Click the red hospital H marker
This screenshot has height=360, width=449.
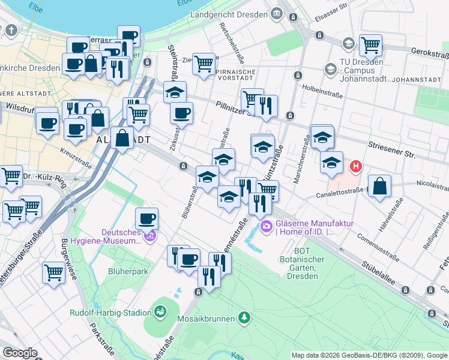coord(356,166)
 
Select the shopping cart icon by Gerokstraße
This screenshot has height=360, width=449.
coord(370,44)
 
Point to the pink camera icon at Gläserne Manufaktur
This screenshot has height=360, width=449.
coord(266,226)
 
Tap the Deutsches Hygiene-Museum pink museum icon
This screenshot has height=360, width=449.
coord(150,236)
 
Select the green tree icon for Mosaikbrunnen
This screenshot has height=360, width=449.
coord(244,316)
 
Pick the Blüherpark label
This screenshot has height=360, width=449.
coord(128,271)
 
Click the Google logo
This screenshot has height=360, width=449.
coord(20,353)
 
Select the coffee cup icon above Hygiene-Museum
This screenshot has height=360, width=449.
coord(146,218)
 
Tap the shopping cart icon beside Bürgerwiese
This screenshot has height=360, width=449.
coord(53,272)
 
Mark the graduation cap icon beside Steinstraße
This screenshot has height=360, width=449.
coord(175,92)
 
